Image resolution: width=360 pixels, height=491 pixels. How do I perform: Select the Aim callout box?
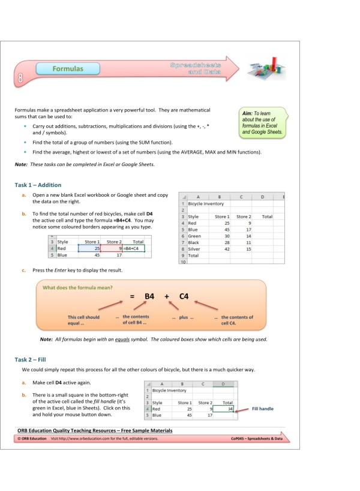tap(262, 122)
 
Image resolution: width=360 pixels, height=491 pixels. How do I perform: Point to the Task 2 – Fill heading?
tap(32, 359)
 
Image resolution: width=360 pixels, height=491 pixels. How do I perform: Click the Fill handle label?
tap(263, 409)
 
